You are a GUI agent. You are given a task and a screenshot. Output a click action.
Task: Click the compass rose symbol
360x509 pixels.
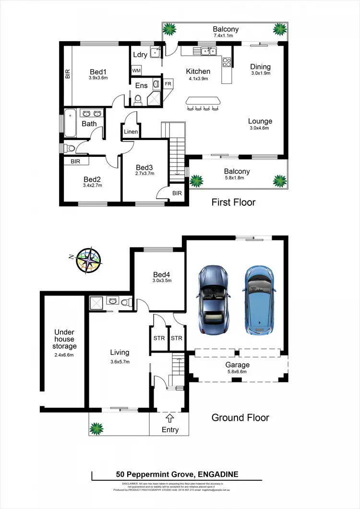89,260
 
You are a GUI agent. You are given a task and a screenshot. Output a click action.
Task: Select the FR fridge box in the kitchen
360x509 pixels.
168,83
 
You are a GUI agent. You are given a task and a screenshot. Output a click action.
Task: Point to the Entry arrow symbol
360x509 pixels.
169,417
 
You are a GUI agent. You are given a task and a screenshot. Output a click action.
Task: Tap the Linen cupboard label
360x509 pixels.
131,132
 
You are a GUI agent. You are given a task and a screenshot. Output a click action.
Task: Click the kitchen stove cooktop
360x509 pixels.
227,61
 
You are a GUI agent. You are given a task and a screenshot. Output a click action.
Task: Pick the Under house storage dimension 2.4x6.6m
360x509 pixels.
64,355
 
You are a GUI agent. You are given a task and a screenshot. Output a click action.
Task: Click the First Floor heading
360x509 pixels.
233,202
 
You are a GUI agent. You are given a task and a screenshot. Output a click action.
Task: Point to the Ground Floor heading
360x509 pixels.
240,418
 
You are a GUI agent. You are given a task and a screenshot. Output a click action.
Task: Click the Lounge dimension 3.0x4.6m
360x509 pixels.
260,129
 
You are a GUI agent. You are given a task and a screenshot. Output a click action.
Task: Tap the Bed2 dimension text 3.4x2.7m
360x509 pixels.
92,186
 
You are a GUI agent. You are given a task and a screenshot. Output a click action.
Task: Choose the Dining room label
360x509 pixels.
261,67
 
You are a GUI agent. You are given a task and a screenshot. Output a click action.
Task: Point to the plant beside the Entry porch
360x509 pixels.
97,427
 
